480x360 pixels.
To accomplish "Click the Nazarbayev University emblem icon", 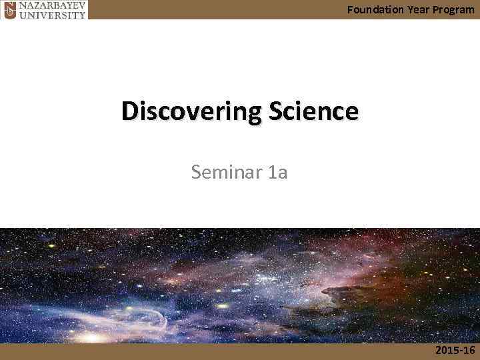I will click(9, 9).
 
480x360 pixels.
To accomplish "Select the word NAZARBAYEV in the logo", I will click(53, 5).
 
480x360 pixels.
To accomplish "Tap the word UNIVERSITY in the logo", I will click(53, 14).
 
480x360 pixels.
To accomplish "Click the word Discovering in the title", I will click(184, 111).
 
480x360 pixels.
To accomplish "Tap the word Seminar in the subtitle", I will click(225, 173).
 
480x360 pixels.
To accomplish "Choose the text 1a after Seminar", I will click(277, 173).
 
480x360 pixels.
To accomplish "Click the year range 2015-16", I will click(455, 351).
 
